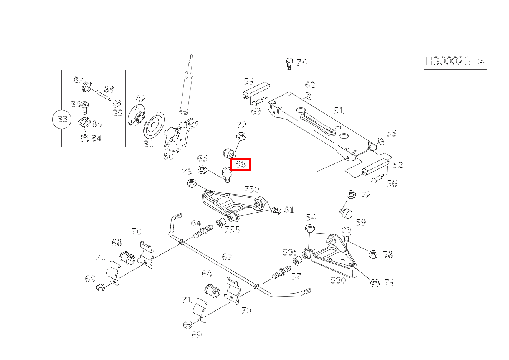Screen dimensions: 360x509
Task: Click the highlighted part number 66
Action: tap(240, 164)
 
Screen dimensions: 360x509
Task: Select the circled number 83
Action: tap(62, 119)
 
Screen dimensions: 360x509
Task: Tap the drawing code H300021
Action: tap(448, 61)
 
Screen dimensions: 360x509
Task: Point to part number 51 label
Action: tap(339, 111)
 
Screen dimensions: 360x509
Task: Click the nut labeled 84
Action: tap(85, 138)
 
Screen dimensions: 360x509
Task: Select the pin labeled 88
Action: tap(102, 94)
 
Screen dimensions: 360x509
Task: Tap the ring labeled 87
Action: tap(88, 86)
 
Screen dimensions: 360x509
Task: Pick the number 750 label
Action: tap(252, 189)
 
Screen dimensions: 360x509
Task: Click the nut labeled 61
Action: tap(276, 211)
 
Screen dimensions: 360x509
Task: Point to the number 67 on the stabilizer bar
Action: tap(227, 256)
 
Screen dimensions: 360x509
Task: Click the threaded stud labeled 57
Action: tap(280, 272)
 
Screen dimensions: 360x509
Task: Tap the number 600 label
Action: tap(338, 280)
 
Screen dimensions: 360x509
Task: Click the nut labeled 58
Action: tap(373, 254)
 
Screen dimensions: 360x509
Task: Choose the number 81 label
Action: tap(149, 144)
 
